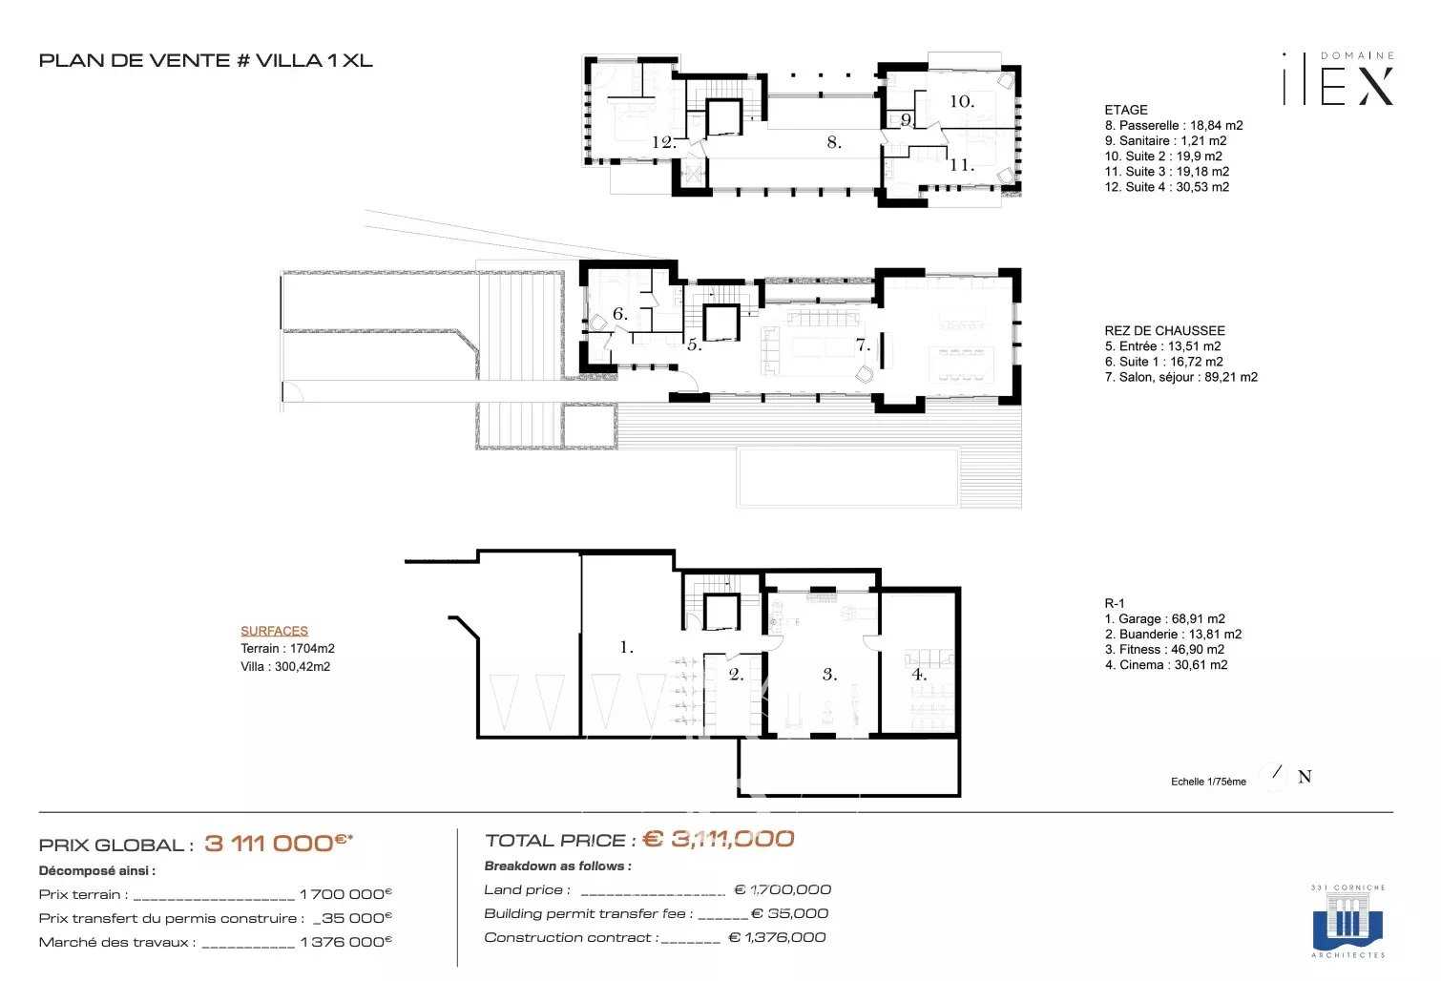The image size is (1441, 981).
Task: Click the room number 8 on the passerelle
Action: pyautogui.click(x=833, y=142)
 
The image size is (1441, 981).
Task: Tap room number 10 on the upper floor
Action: pyautogui.click(x=961, y=101)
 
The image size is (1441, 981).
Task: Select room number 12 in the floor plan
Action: pyautogui.click(x=664, y=142)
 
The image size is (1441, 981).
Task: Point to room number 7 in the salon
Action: pyautogui.click(x=863, y=345)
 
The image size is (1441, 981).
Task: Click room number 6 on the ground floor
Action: pyautogui.click(x=619, y=314)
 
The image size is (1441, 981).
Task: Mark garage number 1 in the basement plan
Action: pyautogui.click(x=626, y=647)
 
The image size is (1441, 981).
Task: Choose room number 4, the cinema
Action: pyautogui.click(x=918, y=674)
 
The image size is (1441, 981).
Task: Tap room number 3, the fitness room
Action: pyautogui.click(x=829, y=674)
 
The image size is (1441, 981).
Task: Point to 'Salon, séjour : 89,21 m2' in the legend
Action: pyautogui.click(x=1180, y=377)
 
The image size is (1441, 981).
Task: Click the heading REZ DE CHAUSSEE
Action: pyautogui.click(x=1164, y=330)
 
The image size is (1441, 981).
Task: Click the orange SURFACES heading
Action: pyautogui.click(x=274, y=631)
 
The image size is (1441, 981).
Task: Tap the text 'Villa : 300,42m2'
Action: pyautogui.click(x=285, y=667)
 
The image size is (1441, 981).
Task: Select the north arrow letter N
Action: pyautogui.click(x=1305, y=777)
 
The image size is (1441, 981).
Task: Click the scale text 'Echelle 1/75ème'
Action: pyautogui.click(x=1208, y=782)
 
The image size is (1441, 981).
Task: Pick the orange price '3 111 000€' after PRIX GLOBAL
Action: pyautogui.click(x=278, y=843)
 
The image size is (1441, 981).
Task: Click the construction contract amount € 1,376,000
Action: pyautogui.click(x=777, y=937)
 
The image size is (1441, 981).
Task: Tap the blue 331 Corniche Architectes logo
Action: pyautogui.click(x=1347, y=921)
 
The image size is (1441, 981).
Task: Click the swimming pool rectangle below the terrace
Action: pyautogui.click(x=846, y=476)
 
